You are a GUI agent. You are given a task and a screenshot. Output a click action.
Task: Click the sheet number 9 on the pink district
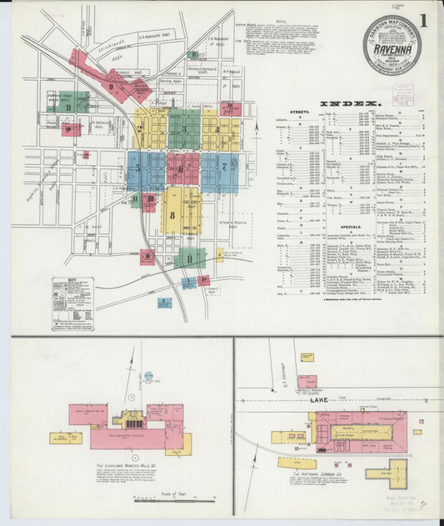pos(111,86)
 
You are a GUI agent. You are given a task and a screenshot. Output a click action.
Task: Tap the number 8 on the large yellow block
pos(172,215)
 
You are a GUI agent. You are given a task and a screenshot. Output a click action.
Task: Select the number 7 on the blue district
pos(223,166)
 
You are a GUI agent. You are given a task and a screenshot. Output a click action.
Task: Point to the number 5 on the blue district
pos(138,168)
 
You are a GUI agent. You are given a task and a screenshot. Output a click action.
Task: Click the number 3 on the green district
pos(182,129)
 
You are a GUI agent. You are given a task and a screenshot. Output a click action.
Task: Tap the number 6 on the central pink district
pos(181,168)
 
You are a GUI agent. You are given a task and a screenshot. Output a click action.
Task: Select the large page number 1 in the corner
pos(426,19)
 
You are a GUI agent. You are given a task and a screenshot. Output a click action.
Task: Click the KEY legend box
pos(72,303)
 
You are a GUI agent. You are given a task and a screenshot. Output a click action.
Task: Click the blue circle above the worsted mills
pos(149,377)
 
